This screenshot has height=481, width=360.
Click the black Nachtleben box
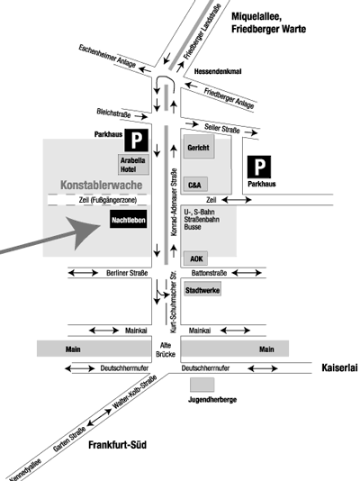[129, 219]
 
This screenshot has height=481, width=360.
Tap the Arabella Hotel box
[133, 165]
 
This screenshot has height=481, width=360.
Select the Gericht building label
[198, 148]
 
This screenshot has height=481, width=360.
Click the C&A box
[195, 185]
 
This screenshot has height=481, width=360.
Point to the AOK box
[196, 259]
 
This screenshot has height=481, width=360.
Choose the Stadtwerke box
[202, 290]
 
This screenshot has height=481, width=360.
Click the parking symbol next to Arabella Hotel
[136, 141]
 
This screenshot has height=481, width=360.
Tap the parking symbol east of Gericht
[259, 167]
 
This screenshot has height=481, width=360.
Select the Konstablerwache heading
[102, 185]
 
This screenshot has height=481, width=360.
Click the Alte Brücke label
[166, 349]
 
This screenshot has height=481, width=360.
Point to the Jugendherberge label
[212, 400]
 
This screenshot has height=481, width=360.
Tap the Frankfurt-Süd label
[117, 445]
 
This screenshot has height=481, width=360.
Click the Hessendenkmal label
[218, 71]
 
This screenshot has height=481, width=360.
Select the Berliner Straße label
[127, 273]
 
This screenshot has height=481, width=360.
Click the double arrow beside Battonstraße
[247, 272]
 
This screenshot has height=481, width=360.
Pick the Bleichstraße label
[113, 113]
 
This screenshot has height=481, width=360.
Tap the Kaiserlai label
[339, 368]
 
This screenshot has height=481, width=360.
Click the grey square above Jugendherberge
[202, 385]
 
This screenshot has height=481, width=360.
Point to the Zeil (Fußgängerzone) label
[107, 200]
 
